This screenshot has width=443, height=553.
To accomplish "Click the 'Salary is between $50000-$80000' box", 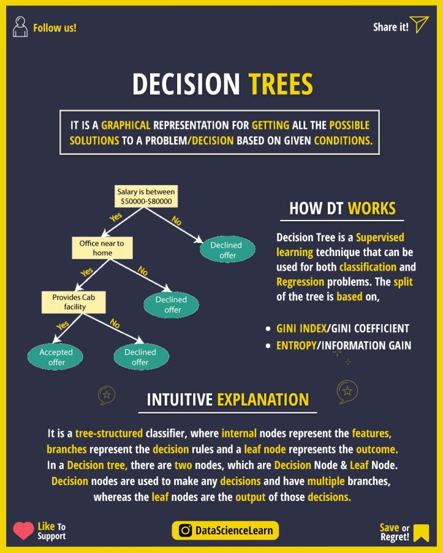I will [146, 197].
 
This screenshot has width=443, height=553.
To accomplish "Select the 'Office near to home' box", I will [102, 248].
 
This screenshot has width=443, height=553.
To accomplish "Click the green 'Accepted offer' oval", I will [56, 357].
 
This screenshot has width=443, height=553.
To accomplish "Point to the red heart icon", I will [23, 531].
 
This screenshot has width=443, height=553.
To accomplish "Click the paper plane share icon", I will [420, 25].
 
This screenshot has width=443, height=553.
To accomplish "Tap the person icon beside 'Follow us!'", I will [20, 27].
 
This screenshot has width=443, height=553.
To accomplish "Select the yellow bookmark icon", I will [421, 532].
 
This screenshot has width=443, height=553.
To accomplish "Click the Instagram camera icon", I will [186, 531].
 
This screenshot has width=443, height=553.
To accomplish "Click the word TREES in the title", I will [280, 85].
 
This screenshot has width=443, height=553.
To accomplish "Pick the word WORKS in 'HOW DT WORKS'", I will [372, 208].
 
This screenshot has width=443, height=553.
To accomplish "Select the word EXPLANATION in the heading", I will [263, 399].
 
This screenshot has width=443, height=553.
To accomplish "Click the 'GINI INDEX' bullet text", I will [301, 328].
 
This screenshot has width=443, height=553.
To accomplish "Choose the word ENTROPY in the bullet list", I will [297, 346].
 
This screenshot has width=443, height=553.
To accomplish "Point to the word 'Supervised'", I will [380, 238].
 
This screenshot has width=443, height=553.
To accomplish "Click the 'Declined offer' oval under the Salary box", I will [227, 250].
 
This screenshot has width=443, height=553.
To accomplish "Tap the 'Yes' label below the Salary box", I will [115, 218].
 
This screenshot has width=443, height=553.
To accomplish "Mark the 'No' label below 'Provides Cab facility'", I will [115, 324].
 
